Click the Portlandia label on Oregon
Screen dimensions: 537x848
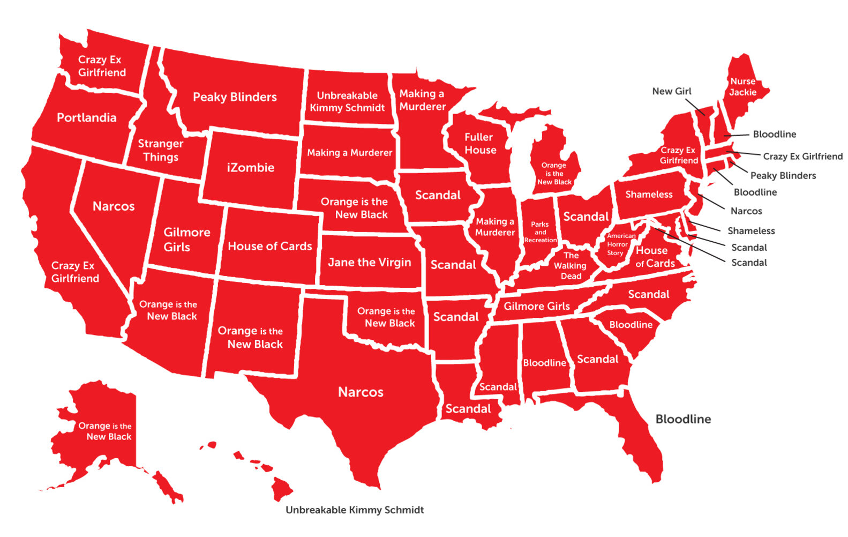86,118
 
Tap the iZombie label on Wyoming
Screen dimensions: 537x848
250,168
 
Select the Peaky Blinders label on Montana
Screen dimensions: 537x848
235,97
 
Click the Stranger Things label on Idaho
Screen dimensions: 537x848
160,151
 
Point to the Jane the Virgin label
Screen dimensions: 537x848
369,263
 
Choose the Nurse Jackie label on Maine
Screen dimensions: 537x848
742,87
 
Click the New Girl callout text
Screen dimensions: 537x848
671,92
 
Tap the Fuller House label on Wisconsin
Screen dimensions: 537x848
480,144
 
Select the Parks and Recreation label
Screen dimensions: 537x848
540,232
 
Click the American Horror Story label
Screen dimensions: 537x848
620,244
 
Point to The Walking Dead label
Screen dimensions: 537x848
571,266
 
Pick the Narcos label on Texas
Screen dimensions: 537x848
361,392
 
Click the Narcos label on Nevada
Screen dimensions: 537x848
114,206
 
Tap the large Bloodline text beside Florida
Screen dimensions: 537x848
683,419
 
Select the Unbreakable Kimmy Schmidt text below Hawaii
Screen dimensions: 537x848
354,510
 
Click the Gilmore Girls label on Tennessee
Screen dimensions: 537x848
536,307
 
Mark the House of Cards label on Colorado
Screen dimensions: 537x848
269,247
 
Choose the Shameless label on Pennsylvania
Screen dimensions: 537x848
648,195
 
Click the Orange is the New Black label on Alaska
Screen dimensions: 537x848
105,431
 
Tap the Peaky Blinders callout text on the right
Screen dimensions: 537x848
783,176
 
